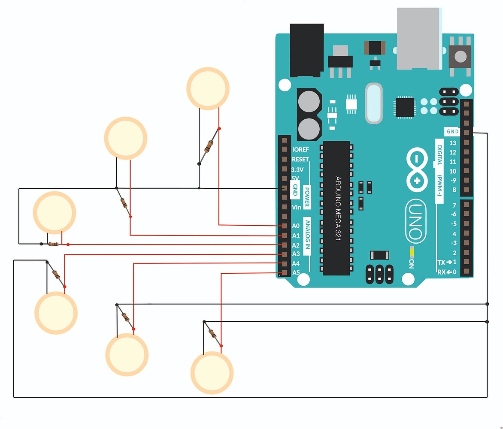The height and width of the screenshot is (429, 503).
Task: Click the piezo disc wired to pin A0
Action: pyautogui.click(x=208, y=88)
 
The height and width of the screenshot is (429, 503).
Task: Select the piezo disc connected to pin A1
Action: pyautogui.click(x=125, y=138)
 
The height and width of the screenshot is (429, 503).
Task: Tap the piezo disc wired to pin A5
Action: pyautogui.click(x=212, y=372)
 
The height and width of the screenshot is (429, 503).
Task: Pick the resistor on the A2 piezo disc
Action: pyautogui.click(x=54, y=244)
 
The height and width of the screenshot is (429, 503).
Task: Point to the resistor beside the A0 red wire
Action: pyautogui.click(x=209, y=147)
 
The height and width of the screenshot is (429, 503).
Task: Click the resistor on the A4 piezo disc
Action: pyautogui.click(x=125, y=317)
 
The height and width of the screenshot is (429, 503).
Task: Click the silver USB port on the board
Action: pyautogui.click(x=418, y=39)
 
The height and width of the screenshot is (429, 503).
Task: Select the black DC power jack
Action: pyautogui.click(x=306, y=50)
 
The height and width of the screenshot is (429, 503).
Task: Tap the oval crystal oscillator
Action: pyautogui.click(x=373, y=103)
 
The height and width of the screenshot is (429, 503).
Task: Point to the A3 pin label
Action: pyautogui.click(x=296, y=254)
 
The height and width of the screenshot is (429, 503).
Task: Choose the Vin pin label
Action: pyautogui.click(x=296, y=207)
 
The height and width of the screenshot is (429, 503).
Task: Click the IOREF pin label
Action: pyautogui.click(x=300, y=150)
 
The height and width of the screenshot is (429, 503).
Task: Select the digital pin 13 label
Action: pyautogui.click(x=452, y=143)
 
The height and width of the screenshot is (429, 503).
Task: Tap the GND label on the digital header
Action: pyautogui.click(x=452, y=132)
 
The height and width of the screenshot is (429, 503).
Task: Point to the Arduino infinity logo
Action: pyautogui.click(x=415, y=170)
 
